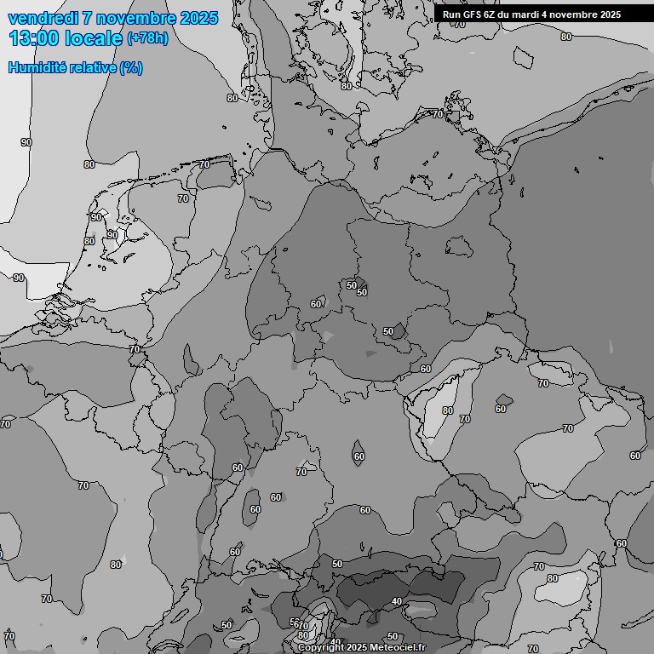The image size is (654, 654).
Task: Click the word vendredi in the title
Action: click(43, 18)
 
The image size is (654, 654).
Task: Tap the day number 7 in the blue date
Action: click(89, 18)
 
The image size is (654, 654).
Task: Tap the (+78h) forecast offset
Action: click(147, 38)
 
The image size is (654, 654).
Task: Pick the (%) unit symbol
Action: click(132, 67)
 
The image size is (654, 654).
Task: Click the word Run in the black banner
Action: click(452, 14)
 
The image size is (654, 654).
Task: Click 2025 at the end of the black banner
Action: click(610, 14)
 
